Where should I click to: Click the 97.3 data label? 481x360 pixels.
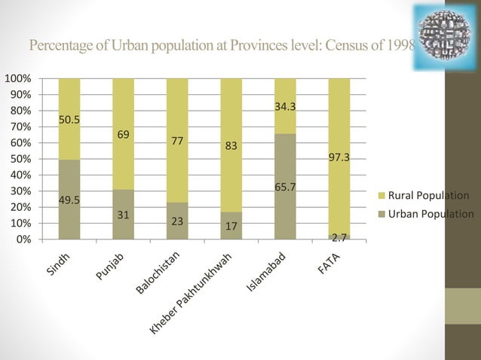tap(339, 158)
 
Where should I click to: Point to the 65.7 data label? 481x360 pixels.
tap(285, 183)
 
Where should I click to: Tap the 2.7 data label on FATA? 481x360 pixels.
tap(339, 237)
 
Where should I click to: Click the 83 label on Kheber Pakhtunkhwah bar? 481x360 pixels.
tap(232, 147)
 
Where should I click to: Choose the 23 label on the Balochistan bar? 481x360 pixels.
tap(177, 223)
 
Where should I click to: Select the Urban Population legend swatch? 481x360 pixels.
tap(380, 213)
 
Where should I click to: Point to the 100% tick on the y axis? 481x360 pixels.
tap(18, 78)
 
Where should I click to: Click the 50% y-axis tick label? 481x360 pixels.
tap(20, 159)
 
